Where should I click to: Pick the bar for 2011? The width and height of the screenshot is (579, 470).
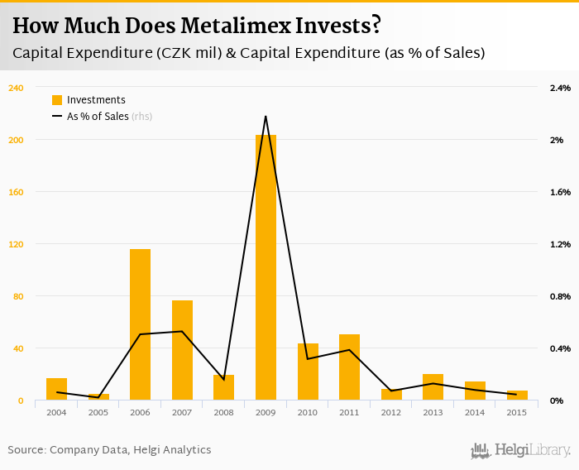(349, 367)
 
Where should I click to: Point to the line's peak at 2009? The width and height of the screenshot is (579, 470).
(266, 117)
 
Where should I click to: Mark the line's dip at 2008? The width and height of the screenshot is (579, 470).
(223, 379)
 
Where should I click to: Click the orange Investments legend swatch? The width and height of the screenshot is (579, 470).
(57, 100)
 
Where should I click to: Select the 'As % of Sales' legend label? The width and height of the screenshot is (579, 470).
(98, 117)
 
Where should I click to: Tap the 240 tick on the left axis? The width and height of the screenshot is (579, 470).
(16, 88)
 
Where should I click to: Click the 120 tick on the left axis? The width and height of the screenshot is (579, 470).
(16, 244)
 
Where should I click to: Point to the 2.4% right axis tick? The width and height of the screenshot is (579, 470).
(560, 88)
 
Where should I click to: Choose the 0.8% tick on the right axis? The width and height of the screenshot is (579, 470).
(560, 296)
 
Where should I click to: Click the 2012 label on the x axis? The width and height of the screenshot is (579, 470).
(391, 412)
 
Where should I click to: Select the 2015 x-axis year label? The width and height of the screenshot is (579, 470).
(517, 412)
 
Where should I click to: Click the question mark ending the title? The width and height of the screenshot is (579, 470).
(376, 26)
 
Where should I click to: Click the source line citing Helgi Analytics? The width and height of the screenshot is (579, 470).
(109, 450)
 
